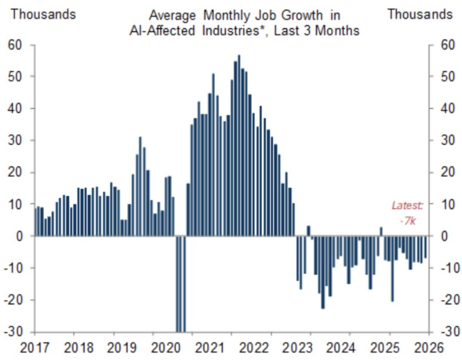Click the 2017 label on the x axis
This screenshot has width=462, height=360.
click(x=35, y=347)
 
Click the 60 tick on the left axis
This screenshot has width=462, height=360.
click(x=14, y=45)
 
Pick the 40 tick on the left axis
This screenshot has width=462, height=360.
click(x=14, y=108)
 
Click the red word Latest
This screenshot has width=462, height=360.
click(x=407, y=206)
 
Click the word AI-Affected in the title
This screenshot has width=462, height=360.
click(x=161, y=30)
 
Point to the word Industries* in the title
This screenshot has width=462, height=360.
click(x=231, y=30)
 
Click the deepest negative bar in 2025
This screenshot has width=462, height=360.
click(x=392, y=268)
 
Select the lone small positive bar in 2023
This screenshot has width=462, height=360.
click(x=308, y=231)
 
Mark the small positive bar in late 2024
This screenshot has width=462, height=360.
click(x=381, y=231)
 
